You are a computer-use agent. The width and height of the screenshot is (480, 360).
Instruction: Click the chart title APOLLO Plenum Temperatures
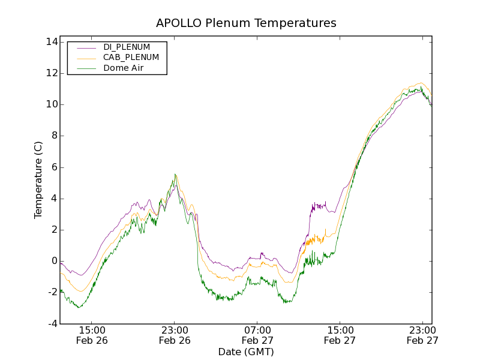246,23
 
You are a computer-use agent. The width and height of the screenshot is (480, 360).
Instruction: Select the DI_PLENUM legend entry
127,47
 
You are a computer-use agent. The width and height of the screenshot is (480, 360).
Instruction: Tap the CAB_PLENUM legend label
131,58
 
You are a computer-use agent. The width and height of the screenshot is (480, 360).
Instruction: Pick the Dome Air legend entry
124,68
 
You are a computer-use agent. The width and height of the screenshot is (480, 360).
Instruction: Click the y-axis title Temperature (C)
38,180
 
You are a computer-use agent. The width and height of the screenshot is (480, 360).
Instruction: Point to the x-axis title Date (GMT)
246,352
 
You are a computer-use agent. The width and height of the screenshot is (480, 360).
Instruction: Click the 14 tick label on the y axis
51,42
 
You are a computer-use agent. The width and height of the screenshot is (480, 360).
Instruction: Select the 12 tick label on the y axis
51,73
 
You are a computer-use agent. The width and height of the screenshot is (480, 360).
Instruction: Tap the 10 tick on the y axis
51,104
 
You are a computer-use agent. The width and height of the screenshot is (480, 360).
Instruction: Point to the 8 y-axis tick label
54,136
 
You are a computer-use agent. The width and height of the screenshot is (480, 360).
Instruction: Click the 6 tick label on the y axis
54,167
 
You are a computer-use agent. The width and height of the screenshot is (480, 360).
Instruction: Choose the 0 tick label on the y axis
54,261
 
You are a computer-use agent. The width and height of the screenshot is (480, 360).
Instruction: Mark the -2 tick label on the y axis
52,292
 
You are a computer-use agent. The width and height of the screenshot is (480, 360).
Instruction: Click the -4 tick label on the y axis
52,324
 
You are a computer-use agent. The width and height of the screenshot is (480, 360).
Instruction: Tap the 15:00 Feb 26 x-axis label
92,335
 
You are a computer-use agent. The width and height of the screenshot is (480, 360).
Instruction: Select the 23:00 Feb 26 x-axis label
175,335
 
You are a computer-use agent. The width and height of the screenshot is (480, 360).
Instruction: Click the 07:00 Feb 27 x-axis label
257,335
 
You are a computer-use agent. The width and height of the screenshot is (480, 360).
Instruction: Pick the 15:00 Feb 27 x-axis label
340,335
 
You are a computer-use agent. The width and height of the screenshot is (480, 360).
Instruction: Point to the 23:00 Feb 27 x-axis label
422,335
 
